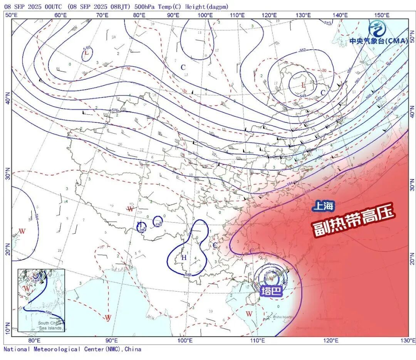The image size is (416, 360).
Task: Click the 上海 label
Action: [x=323, y=206]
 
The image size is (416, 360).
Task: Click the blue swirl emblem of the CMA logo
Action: [x=377, y=28]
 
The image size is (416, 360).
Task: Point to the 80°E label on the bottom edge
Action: [x=34, y=341]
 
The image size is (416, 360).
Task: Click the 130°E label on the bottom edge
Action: [x=408, y=341]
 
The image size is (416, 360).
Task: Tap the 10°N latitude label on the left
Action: [x=8, y=330]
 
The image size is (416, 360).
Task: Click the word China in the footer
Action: [x=133, y=349]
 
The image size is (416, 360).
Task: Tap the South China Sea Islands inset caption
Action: [x=49, y=325]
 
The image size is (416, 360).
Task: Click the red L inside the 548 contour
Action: [x=303, y=84]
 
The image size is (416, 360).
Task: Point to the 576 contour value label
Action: [x=114, y=111]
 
